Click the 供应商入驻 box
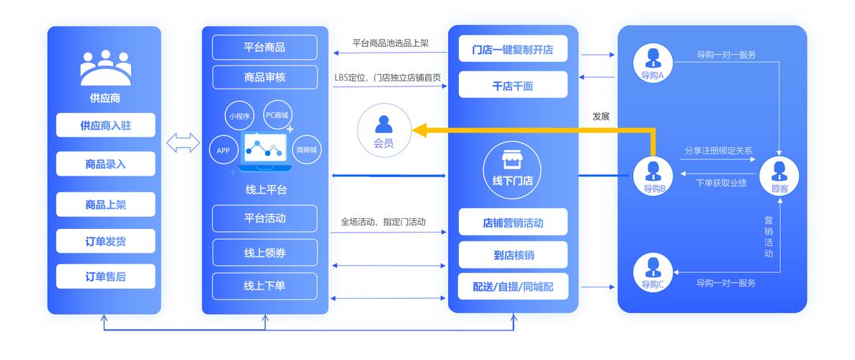[x=105, y=125]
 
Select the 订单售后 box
[x=105, y=276]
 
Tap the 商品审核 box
[x=264, y=77]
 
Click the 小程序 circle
[x=239, y=115]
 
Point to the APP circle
[x=223, y=150]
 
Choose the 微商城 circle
[x=306, y=150]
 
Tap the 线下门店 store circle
[x=512, y=168]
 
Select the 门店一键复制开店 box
[x=513, y=50]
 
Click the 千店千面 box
[x=513, y=86]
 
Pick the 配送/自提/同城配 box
[x=513, y=286]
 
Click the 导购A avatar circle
[x=653, y=60]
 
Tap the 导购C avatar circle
[x=653, y=271]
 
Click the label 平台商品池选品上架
[x=390, y=43]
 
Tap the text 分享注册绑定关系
[x=718, y=150]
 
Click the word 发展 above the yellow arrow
[x=601, y=116]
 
